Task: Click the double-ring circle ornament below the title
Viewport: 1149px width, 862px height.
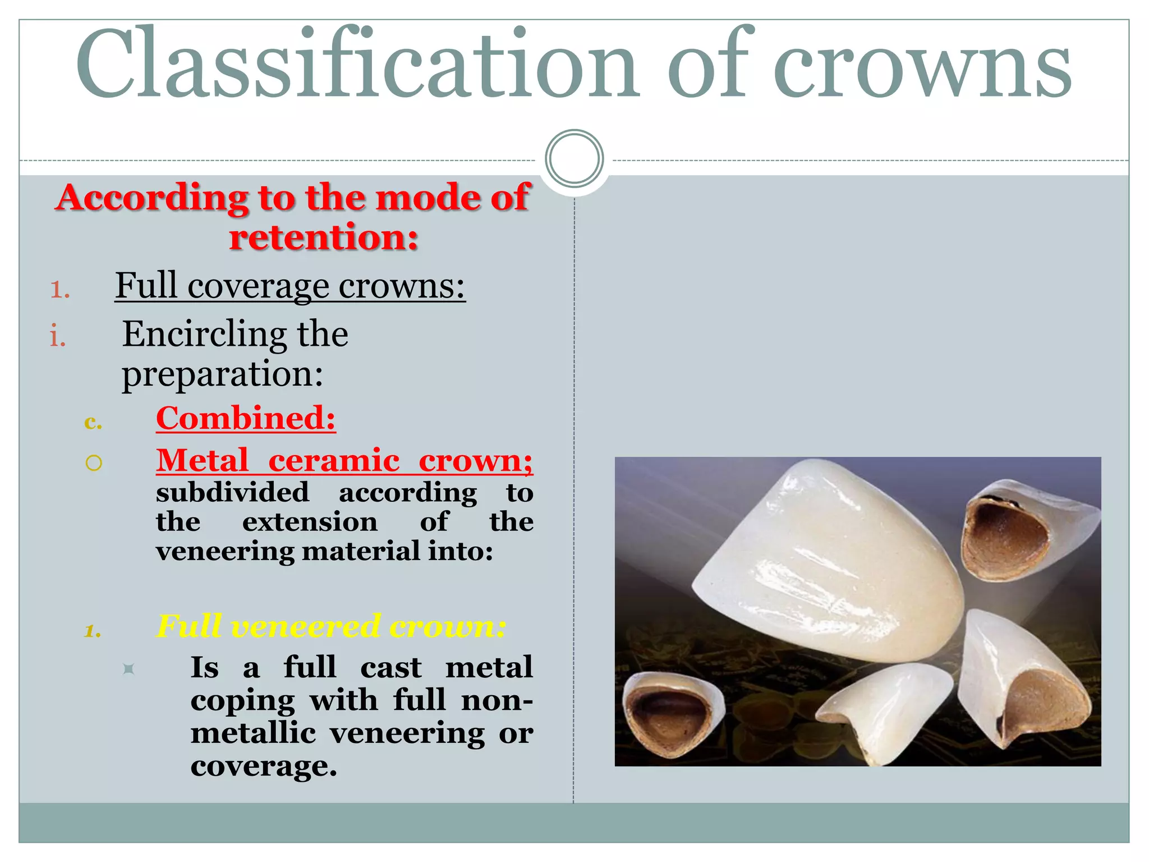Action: [x=574, y=159]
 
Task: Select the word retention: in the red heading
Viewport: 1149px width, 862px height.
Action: [x=324, y=237]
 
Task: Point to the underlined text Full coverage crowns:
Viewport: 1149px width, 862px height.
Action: [x=290, y=286]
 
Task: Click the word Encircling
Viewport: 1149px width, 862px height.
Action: [x=205, y=334]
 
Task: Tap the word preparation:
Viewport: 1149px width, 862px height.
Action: [x=222, y=375]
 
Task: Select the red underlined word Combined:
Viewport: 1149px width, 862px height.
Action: [x=246, y=419]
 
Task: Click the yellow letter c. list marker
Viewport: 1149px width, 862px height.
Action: [x=93, y=422]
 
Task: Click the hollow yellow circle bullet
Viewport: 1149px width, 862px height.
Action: [x=94, y=463]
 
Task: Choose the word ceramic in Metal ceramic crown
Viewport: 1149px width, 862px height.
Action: [x=334, y=461]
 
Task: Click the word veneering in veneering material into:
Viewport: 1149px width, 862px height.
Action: [x=224, y=551]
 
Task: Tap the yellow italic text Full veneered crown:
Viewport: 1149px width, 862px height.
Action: [x=331, y=626]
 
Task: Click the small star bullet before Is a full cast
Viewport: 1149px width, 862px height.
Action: [x=128, y=669]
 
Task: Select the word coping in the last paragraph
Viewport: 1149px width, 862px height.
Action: [x=242, y=701]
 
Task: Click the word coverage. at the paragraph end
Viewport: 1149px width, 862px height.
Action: [x=264, y=766]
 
